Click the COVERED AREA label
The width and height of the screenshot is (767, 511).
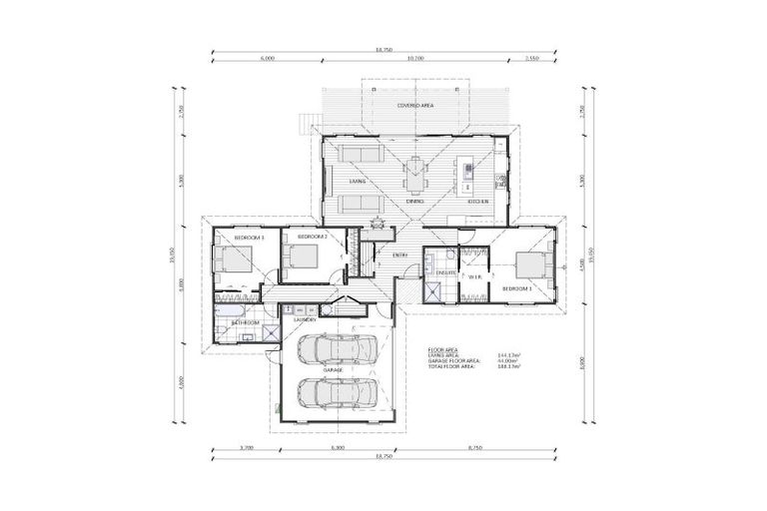pos(414,105)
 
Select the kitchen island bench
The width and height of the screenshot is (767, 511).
pos(466,176)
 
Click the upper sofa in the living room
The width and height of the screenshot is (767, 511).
pos(359,154)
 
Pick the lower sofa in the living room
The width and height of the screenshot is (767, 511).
pos(359,204)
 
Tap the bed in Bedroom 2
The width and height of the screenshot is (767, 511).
pos(300,257)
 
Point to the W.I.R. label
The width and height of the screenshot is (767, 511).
pos(475,275)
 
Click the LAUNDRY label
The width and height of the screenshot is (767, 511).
pos(305,319)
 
